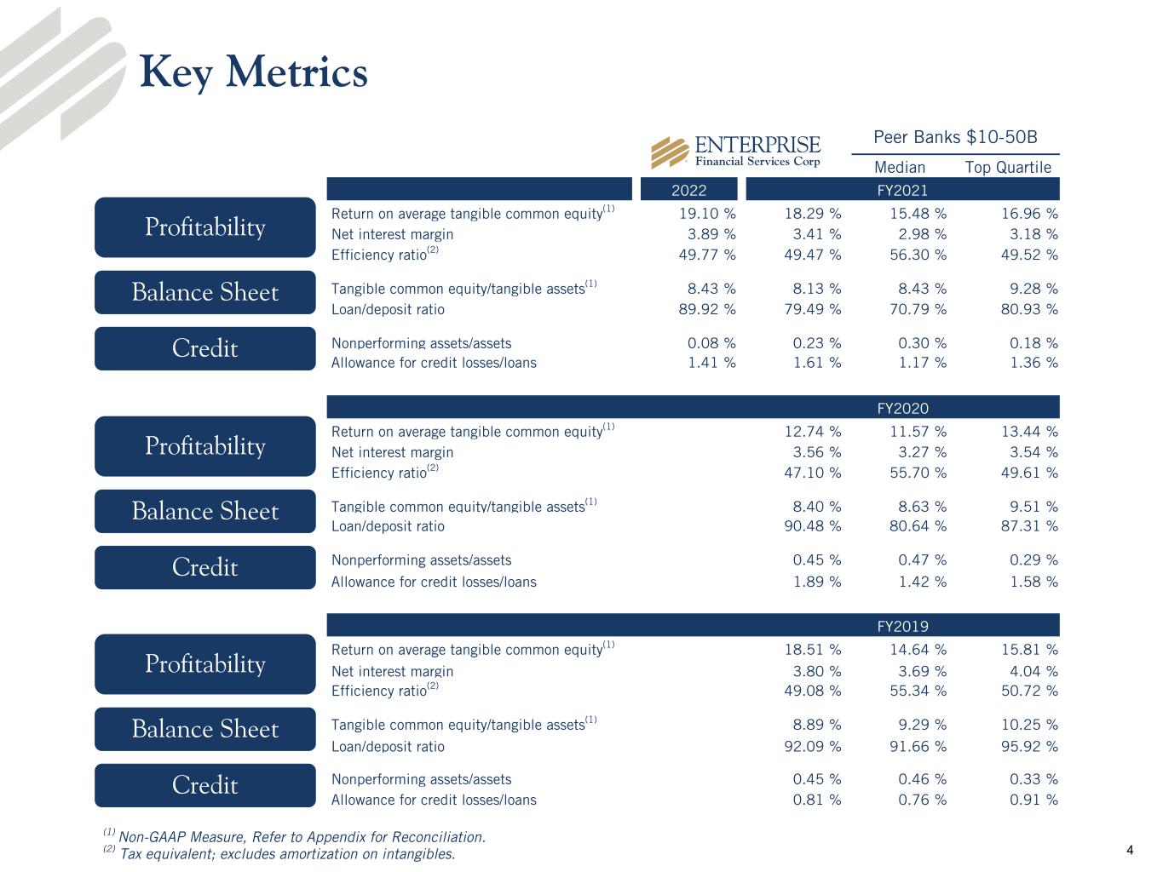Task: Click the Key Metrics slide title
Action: tap(253, 72)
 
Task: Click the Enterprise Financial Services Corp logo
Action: tap(736, 152)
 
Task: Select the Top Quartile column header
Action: tap(1008, 167)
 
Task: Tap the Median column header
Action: tap(900, 167)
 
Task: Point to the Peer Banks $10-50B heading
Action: tap(955, 137)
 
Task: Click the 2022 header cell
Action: tap(688, 190)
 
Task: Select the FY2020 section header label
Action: tap(902, 409)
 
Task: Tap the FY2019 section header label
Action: tap(902, 627)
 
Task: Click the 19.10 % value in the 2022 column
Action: tap(711, 214)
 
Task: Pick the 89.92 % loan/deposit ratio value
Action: tap(711, 309)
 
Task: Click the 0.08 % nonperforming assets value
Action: tap(711, 343)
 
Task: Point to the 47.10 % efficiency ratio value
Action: tap(812, 473)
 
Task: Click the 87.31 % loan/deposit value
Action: tap(1029, 526)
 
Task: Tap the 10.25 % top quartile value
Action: tap(1029, 725)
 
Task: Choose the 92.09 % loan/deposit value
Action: tap(812, 747)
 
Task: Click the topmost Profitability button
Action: tap(204, 227)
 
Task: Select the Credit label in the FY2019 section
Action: tap(204, 785)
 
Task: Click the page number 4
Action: tap(1130, 850)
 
